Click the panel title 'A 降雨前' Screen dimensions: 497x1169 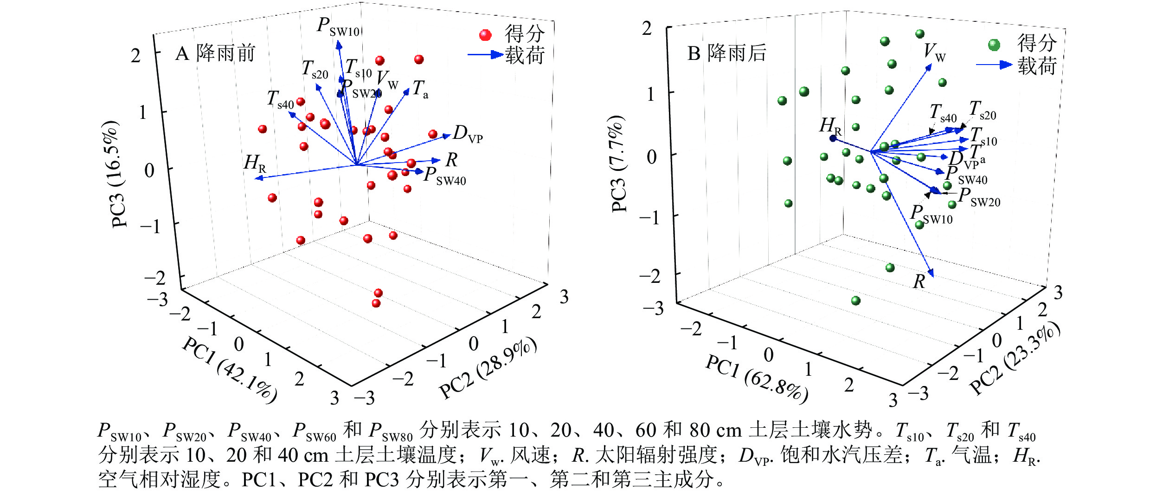(216, 53)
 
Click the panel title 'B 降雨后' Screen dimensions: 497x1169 (727, 53)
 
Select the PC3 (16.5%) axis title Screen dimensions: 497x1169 (115, 174)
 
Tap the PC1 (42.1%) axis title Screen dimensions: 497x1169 (230, 369)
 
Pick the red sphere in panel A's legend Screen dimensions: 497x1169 (485, 35)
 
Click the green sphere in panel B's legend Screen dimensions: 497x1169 (994, 45)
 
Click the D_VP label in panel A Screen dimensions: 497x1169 (468, 134)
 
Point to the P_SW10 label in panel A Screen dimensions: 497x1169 (338, 26)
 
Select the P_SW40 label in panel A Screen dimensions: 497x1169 (445, 176)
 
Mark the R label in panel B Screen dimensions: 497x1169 (919, 281)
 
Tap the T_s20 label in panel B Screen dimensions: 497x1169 (983, 111)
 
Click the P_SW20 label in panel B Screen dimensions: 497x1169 (979, 197)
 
